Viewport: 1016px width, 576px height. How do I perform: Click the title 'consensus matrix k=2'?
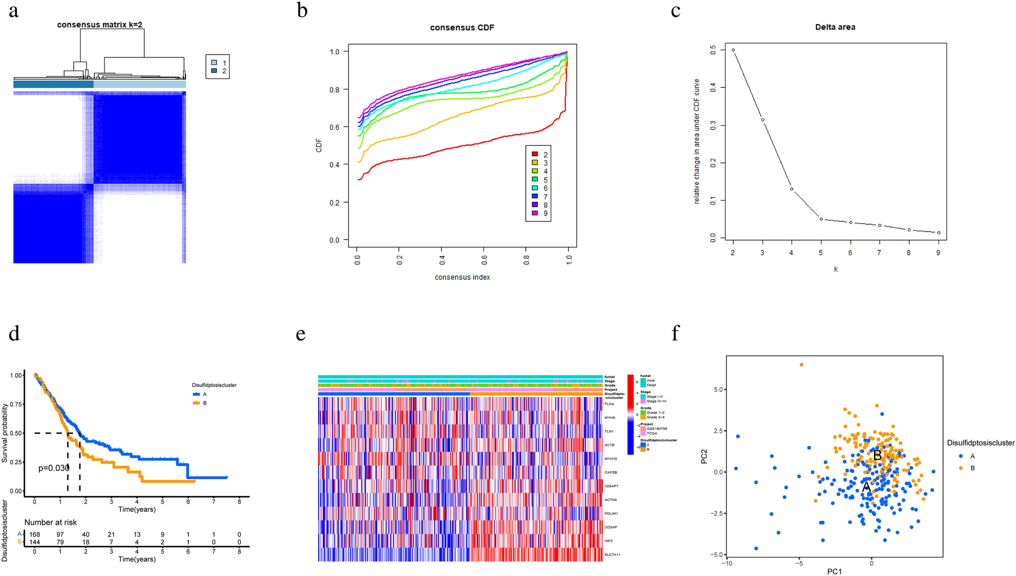pyautogui.click(x=99, y=25)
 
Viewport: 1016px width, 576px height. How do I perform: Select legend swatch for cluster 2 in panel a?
pyautogui.click(x=214, y=71)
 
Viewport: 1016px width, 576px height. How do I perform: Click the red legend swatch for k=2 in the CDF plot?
pyautogui.click(x=535, y=154)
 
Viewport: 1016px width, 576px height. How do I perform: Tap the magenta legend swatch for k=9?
pyautogui.click(x=535, y=213)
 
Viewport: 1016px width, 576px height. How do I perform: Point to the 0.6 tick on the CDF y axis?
pyautogui.click(x=334, y=127)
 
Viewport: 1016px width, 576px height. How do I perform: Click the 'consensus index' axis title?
pyautogui.click(x=462, y=277)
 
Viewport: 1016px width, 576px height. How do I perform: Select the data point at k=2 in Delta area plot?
pyautogui.click(x=733, y=50)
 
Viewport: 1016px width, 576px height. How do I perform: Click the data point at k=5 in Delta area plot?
pyautogui.click(x=821, y=219)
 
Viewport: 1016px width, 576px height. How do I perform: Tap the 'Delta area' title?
pyautogui.click(x=835, y=27)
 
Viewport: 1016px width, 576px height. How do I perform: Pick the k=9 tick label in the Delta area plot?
pyautogui.click(x=938, y=253)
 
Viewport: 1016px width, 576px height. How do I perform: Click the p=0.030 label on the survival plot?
pyautogui.click(x=54, y=468)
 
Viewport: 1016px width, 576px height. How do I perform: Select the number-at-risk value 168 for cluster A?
pyautogui.click(x=34, y=534)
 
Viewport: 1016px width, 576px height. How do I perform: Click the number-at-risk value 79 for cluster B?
pyautogui.click(x=60, y=542)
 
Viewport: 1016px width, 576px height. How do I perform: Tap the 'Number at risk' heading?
pyautogui.click(x=50, y=522)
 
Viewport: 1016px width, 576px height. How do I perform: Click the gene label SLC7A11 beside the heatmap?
pyautogui.click(x=612, y=554)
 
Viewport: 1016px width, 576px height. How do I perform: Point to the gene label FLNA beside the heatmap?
pyautogui.click(x=609, y=404)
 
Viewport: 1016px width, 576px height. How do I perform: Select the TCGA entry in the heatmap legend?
pyautogui.click(x=651, y=433)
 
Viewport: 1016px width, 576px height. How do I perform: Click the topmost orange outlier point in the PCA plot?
pyautogui.click(x=801, y=365)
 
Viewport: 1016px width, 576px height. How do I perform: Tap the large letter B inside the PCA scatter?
pyautogui.click(x=877, y=455)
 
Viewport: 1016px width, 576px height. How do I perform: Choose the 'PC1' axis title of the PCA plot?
pyautogui.click(x=834, y=571)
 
